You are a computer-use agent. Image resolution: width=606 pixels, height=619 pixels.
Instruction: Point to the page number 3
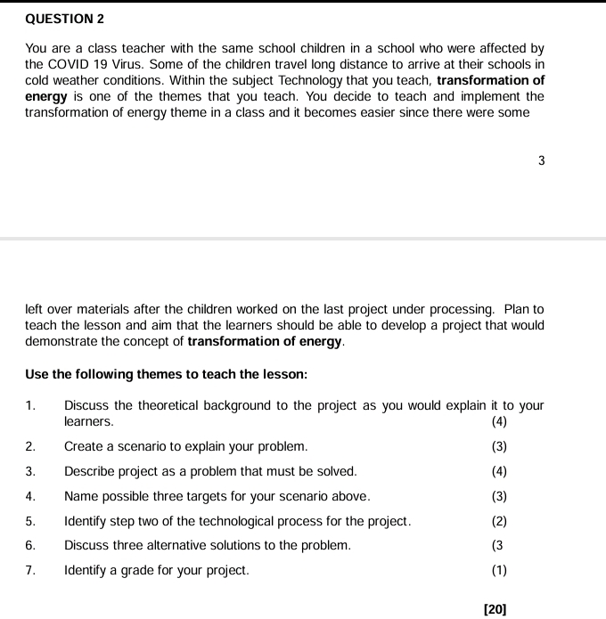tap(541, 161)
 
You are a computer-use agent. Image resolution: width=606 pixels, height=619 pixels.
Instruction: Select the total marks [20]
tap(495, 608)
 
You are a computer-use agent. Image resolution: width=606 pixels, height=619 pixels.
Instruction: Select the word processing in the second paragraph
tap(455, 309)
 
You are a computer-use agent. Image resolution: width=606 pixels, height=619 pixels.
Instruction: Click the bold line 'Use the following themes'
tap(166, 375)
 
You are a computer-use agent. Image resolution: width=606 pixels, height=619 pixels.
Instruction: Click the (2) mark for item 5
tap(499, 521)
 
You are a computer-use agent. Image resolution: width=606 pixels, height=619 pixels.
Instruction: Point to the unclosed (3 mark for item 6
tap(497, 545)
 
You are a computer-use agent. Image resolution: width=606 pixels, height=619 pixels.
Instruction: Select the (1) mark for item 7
tap(499, 570)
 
